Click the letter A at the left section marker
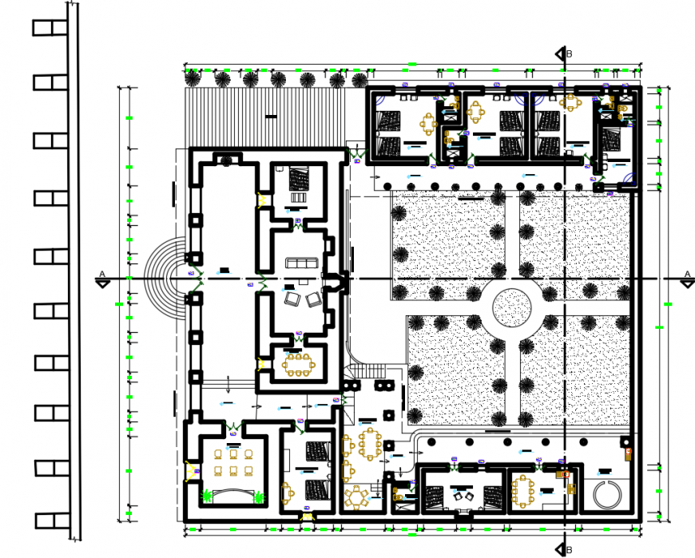101,274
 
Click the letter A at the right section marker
685,274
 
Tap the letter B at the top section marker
570,54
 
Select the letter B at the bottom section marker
570,548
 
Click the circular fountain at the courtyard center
511,305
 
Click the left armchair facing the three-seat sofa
292,299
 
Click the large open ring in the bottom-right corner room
610,493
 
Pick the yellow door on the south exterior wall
308,517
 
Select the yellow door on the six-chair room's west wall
190,470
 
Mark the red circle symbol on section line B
566,473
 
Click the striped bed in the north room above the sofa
298,176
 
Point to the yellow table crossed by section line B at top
570,102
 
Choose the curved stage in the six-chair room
232,491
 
